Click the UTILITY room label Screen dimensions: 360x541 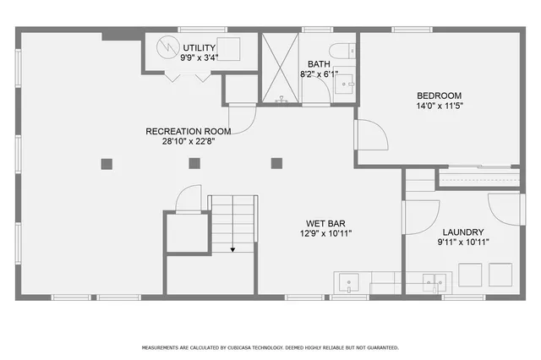(199, 46)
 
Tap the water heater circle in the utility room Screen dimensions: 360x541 (166, 48)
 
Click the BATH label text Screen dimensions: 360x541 (319, 64)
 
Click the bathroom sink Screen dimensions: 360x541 (346, 83)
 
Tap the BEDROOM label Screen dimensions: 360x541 (439, 95)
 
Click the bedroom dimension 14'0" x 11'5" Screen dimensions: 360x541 (439, 106)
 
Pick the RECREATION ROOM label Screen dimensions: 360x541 (188, 131)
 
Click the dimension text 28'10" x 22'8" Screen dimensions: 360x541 (188, 142)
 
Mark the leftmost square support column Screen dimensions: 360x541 (106, 163)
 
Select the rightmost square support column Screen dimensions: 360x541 (276, 163)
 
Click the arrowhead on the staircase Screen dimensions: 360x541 (232, 249)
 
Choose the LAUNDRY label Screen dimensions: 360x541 (462, 232)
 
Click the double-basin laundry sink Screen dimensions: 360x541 (434, 282)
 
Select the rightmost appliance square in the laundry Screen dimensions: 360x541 (500, 275)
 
